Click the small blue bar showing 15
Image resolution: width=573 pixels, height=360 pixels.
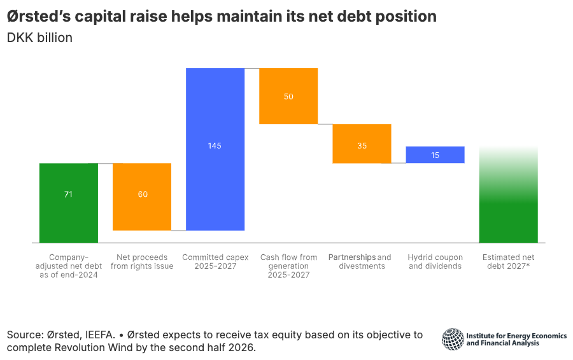pyautogui.click(x=435, y=155)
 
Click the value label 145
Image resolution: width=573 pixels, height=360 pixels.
pyautogui.click(x=215, y=146)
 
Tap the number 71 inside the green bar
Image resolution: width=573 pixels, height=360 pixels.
pyautogui.click(x=68, y=194)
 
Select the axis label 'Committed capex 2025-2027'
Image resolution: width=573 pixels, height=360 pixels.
pyautogui.click(x=215, y=262)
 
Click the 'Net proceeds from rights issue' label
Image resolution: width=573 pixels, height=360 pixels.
pyautogui.click(x=142, y=262)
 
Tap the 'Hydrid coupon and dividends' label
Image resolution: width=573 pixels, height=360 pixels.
pyautogui.click(x=435, y=262)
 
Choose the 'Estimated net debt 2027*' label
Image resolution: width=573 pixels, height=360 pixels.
pyautogui.click(x=508, y=262)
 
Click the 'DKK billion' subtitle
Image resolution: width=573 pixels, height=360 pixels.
pyautogui.click(x=39, y=38)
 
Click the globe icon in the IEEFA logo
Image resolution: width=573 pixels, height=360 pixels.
pyautogui.click(x=453, y=339)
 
